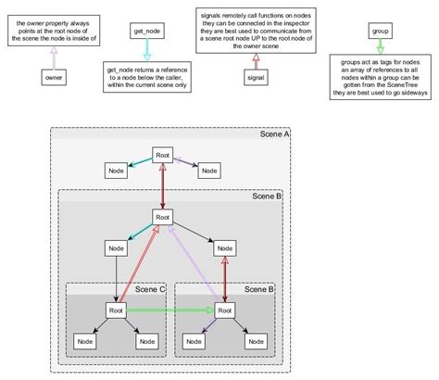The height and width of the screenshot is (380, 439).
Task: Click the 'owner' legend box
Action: tap(53, 79)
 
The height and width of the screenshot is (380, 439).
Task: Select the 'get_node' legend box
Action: tap(146, 32)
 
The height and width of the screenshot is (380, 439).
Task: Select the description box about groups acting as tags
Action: tap(381, 82)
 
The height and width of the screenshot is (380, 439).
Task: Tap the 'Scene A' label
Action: tap(275, 135)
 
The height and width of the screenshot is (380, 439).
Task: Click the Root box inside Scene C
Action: tap(116, 310)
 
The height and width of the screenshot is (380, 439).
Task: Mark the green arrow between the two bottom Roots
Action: tap(168, 310)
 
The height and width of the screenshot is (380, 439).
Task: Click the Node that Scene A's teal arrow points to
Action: tap(116, 171)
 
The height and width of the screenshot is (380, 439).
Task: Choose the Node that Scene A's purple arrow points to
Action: tap(210, 171)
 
